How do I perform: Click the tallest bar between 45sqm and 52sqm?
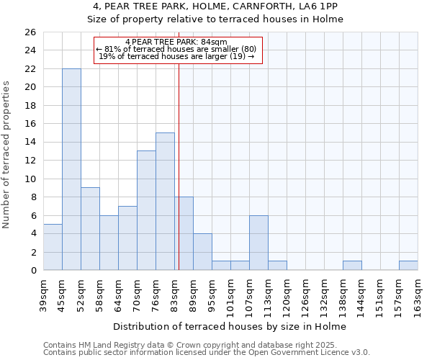(71, 169)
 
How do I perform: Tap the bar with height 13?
(146, 210)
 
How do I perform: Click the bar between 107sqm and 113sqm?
(258, 243)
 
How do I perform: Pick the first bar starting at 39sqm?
(53, 247)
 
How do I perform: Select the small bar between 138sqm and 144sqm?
(352, 266)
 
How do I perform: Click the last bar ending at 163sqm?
(408, 266)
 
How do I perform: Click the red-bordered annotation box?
(178, 50)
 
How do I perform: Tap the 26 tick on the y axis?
(30, 32)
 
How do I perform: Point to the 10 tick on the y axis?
(30, 179)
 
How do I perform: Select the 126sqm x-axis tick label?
(306, 293)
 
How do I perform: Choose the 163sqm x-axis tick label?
(418, 293)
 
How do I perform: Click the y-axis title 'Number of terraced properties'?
(7, 155)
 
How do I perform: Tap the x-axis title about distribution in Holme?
(230, 327)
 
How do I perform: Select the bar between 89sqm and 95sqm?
(202, 252)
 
